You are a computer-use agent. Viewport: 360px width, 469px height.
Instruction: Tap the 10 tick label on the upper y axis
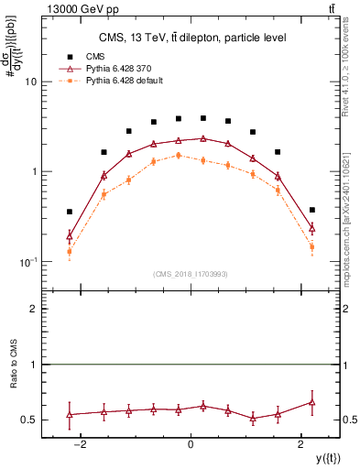[x=29, y=82]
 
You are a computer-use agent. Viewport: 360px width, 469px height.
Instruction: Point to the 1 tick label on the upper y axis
[x=32, y=172]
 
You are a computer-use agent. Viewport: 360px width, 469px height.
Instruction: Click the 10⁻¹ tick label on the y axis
[x=27, y=262]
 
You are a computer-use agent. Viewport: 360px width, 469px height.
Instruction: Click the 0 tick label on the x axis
[x=191, y=444]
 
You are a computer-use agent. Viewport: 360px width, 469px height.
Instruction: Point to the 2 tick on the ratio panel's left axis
[x=32, y=310]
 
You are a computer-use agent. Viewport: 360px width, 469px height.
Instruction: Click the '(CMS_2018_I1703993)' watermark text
[x=190, y=274]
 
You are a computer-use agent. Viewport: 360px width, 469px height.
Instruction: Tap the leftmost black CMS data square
[x=70, y=212]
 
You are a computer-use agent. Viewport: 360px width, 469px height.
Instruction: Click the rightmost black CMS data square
[x=312, y=210]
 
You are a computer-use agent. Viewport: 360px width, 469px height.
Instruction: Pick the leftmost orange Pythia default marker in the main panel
[x=70, y=251]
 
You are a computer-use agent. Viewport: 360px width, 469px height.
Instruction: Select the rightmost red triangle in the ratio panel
[x=312, y=402]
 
